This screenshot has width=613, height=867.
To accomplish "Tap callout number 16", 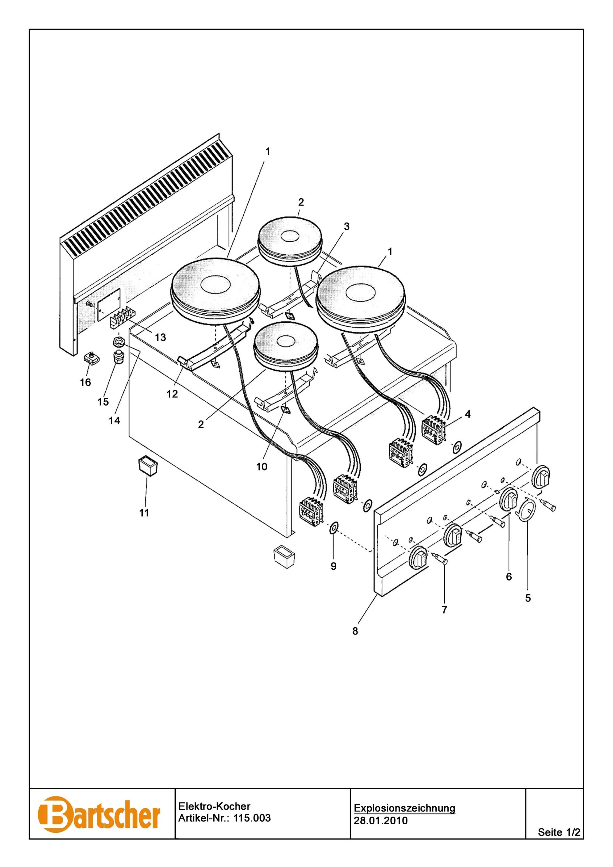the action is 85,383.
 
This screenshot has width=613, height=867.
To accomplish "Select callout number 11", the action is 144,513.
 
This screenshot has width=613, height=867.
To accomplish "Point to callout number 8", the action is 355,631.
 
